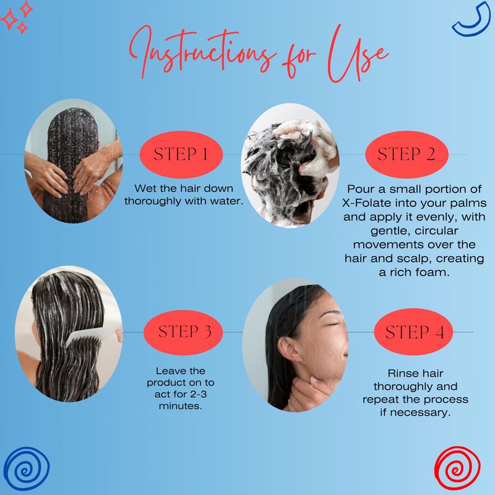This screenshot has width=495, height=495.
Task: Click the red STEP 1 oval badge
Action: [181, 154]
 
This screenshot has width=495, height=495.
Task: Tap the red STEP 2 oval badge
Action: [407, 154]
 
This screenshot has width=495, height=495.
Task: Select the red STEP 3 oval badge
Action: [183, 332]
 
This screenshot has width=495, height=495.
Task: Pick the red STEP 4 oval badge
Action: [413, 332]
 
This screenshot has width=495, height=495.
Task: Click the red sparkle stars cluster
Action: [17, 17]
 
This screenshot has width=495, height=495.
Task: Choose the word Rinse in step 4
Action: [399, 374]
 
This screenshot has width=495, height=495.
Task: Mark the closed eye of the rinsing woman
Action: [333, 324]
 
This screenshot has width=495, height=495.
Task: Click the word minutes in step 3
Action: [181, 406]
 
